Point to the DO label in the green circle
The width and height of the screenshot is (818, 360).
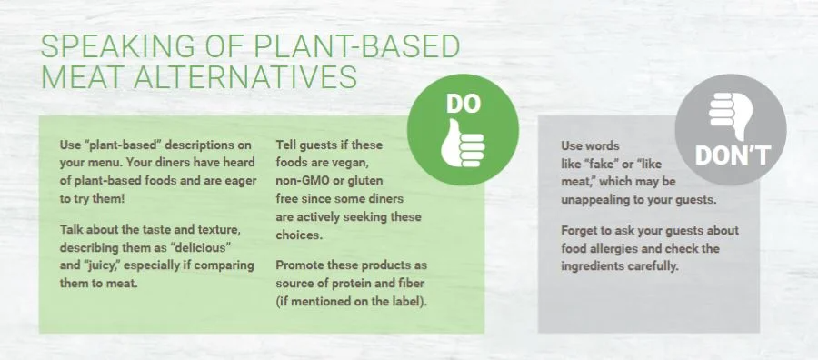(463, 105)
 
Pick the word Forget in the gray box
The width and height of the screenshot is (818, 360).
(579, 231)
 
